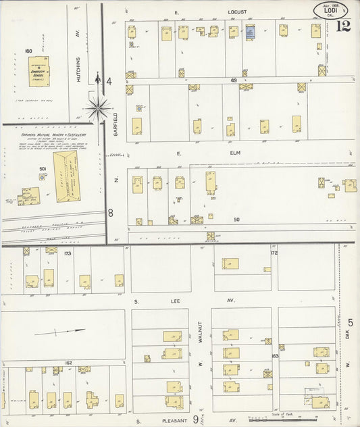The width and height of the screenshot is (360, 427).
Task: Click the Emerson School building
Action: (x=38, y=71)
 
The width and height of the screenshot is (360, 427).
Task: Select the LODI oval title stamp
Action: (x=332, y=9)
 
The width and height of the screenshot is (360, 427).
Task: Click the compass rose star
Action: (x=99, y=106)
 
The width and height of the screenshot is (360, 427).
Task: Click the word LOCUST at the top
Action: (x=237, y=11)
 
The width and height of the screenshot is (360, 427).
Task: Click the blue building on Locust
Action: (x=250, y=31)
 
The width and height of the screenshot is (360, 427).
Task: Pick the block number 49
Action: (x=234, y=80)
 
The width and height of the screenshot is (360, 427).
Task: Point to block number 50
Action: (x=236, y=220)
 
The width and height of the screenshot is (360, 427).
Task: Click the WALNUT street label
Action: (x=200, y=334)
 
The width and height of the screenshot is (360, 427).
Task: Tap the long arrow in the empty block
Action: (x=61, y=332)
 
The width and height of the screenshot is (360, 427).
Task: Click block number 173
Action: (x=68, y=253)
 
